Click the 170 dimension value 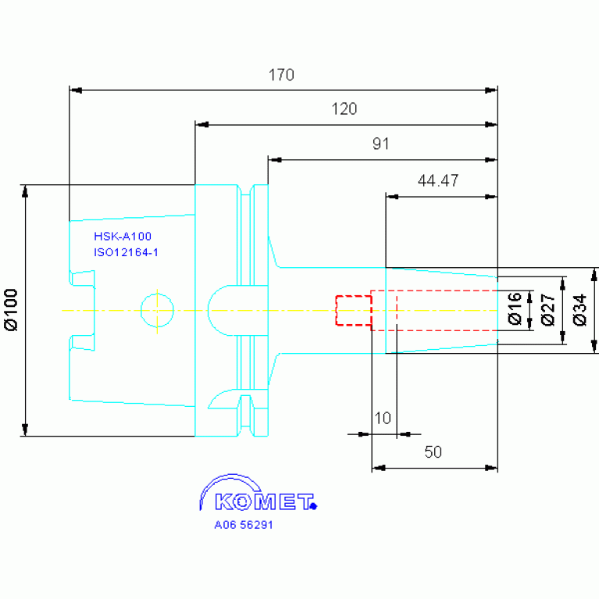pos(281,75)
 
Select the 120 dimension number pos(344,109)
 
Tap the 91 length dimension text pos(381,144)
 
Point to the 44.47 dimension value pos(438,180)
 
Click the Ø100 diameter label pos(12,310)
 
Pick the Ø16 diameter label pos(515,308)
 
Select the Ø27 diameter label pos(547,310)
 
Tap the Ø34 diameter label pos(579,310)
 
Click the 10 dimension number pos(383,419)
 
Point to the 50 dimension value pos(433,452)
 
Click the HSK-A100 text pos(123,237)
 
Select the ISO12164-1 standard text pos(126,252)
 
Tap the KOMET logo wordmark pos(264,502)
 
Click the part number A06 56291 pos(244,525)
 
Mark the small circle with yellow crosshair pos(158,311)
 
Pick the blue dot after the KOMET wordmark pos(314,507)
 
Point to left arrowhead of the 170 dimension pos(76,91)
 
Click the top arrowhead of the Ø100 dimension pos(25,191)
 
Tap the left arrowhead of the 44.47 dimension pos(392,197)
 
